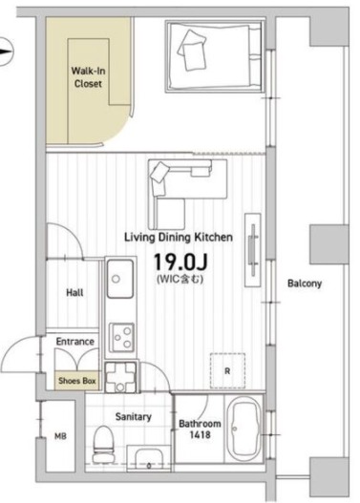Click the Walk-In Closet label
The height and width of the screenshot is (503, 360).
[88, 77]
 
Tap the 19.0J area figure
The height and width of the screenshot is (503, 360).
[180, 262]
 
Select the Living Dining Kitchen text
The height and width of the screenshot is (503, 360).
[179, 238]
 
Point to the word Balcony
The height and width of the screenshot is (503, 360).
[305, 283]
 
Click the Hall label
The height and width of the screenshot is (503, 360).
[74, 293]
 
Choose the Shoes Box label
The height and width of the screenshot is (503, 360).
[77, 381]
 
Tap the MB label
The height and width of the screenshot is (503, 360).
[60, 436]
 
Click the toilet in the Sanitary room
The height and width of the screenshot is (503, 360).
[103, 444]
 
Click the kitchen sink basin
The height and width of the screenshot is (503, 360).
[120, 279]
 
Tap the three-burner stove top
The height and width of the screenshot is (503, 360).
[121, 338]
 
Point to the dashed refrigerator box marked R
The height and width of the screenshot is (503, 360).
[227, 371]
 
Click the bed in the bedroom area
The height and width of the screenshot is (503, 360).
[215, 56]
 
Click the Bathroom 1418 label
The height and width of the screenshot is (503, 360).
[200, 430]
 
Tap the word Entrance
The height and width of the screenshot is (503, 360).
[75, 342]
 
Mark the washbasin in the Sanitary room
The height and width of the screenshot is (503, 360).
[149, 458]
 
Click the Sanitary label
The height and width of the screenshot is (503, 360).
[133, 417]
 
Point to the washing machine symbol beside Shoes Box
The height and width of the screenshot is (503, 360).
[120, 377]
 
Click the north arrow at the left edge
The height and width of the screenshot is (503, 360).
[6, 52]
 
